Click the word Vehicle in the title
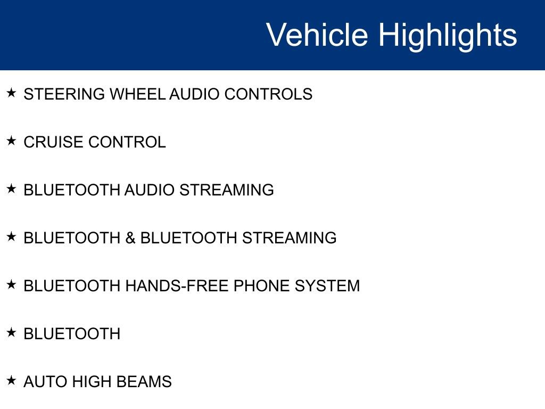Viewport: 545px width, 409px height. click(x=317, y=35)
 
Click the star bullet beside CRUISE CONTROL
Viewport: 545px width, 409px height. click(x=11, y=141)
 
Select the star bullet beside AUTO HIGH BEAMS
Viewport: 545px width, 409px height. click(x=11, y=380)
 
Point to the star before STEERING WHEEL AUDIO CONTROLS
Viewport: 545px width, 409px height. click(x=11, y=93)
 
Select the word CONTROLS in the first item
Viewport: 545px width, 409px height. click(x=268, y=94)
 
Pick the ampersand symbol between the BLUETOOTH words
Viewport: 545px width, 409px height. click(x=130, y=238)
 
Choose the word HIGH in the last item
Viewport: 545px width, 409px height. click(x=92, y=382)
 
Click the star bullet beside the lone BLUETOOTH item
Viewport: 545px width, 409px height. click(x=11, y=332)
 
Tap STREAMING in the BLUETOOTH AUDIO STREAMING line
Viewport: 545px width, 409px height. click(x=227, y=190)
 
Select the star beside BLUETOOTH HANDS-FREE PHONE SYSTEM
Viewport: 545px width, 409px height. click(x=11, y=284)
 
